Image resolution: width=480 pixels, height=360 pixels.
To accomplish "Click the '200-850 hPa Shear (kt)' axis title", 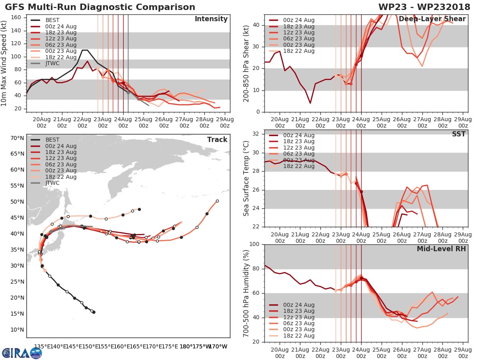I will [246, 64].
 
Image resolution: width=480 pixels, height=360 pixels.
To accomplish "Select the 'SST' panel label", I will [459, 134].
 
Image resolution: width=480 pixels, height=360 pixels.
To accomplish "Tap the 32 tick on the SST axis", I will [258, 134].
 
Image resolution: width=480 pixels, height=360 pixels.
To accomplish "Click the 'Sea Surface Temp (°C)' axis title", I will [246, 178].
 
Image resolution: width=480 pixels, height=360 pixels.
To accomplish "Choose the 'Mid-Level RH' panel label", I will [441, 249].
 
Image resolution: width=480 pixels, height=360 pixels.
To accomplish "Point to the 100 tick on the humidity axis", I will [255, 244].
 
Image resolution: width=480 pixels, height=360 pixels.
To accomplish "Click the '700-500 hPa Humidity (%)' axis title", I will [246, 293].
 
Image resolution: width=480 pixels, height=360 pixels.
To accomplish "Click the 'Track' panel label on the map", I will [217, 140].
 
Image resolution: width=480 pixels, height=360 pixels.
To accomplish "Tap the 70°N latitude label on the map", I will [17, 138].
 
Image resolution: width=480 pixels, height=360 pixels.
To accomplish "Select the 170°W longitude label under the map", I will [218, 346].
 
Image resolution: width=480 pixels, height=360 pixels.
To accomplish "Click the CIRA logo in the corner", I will [22, 353].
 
